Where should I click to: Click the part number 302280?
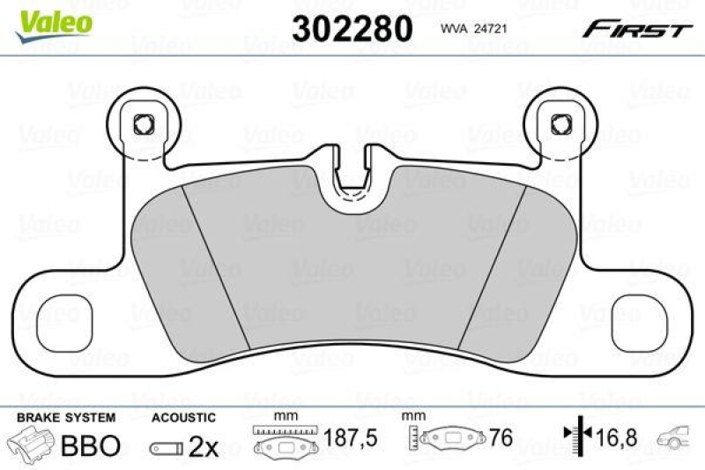click(352, 29)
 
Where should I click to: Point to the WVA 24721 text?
click(471, 29)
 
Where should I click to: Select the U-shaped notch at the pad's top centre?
click(351, 184)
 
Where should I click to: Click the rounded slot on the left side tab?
click(61, 312)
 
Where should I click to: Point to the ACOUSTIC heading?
click(183, 417)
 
